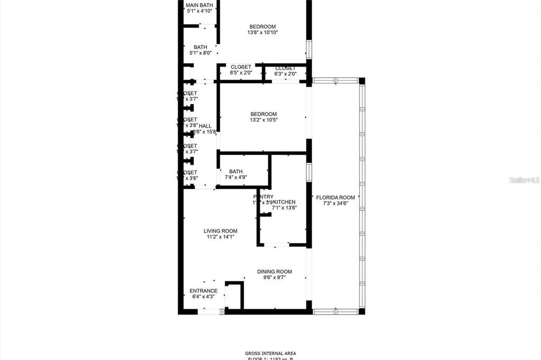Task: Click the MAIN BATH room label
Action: pyautogui.click(x=199, y=5)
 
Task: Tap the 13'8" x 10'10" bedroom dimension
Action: pyautogui.click(x=263, y=33)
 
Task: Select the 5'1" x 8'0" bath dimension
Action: pyautogui.click(x=200, y=53)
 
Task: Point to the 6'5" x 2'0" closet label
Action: pyautogui.click(x=241, y=67)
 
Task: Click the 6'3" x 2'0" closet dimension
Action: pyautogui.click(x=285, y=74)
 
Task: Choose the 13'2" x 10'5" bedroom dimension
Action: pyautogui.click(x=263, y=120)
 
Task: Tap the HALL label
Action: pyautogui.click(x=205, y=126)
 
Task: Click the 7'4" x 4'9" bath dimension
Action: pyautogui.click(x=236, y=177)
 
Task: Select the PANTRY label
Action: pyautogui.click(x=263, y=196)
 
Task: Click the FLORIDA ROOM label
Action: pyautogui.click(x=339, y=197)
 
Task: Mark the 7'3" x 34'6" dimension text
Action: pyautogui.click(x=339, y=203)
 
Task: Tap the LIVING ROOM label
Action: pyautogui.click(x=220, y=231)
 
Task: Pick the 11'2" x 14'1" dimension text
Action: pyautogui.click(x=220, y=237)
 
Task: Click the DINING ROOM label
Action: pyautogui.click(x=274, y=272)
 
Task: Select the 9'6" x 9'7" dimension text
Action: pyautogui.click(x=274, y=278)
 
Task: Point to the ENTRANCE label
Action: pyautogui.click(x=203, y=291)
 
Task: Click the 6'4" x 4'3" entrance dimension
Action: pyautogui.click(x=203, y=297)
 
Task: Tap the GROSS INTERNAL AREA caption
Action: pyautogui.click(x=270, y=353)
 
